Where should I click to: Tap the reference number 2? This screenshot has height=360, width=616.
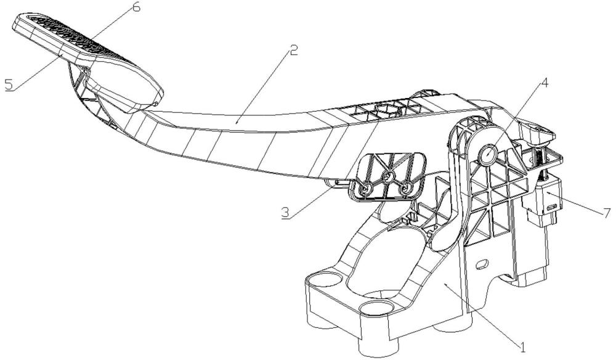coord(294,51)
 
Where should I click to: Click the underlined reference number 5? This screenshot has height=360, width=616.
coord(9,84)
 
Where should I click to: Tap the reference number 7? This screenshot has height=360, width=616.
coord(607,213)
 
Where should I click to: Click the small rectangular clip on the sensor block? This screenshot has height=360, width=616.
coord(550,215)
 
